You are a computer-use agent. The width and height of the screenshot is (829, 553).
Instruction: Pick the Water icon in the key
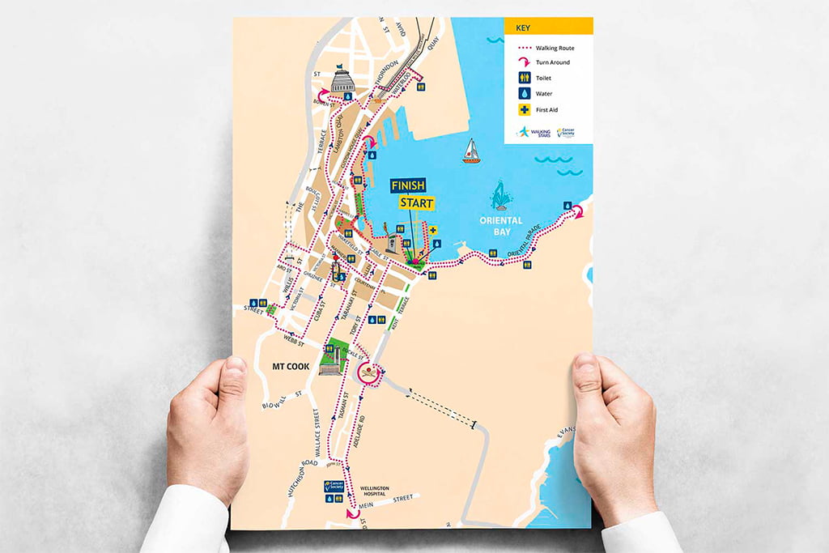[x=525, y=93]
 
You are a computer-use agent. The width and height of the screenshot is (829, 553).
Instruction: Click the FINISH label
[x=408, y=186]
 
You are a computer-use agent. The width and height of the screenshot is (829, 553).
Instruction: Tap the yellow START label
[x=416, y=202]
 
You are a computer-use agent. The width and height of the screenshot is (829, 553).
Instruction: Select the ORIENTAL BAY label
[x=501, y=226]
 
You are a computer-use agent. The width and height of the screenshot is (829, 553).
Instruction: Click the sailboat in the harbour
[x=471, y=151]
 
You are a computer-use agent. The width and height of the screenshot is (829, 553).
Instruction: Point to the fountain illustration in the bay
[x=501, y=197]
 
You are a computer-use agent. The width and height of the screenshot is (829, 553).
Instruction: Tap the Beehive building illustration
[x=343, y=80]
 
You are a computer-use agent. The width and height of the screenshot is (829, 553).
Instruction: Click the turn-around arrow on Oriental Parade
[x=577, y=211]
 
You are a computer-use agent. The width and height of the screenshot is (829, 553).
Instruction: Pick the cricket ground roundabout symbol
[x=368, y=373]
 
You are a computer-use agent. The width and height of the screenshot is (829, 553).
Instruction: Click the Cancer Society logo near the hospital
[x=334, y=487]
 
